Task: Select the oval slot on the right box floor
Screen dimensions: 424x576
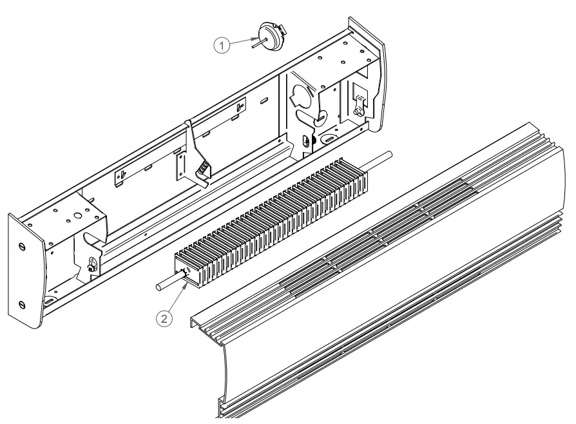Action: coord(329,138)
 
